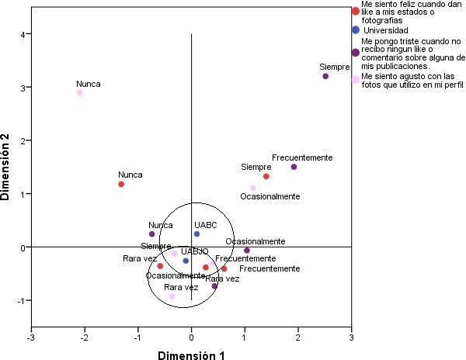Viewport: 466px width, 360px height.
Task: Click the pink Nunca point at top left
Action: [x=80, y=92]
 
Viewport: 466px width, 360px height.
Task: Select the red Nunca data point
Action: [x=121, y=184]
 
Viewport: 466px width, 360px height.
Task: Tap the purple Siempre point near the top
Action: [x=325, y=76]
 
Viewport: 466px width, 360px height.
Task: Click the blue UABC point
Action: [x=196, y=234]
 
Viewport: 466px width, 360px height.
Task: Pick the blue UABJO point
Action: [x=186, y=261]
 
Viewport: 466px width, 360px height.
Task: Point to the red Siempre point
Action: [x=266, y=176]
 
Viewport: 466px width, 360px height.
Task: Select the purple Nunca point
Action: [x=152, y=234]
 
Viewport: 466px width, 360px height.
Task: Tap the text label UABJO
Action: [x=194, y=251]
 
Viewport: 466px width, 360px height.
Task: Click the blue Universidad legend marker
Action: [x=356, y=29]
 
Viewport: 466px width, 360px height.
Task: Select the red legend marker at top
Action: [x=356, y=11]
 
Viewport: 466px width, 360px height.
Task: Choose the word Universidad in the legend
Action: [x=386, y=30]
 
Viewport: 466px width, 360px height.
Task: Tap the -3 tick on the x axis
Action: [x=31, y=337]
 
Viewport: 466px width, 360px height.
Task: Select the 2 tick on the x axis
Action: [x=298, y=337]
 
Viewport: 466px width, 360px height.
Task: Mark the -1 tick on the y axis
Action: [x=23, y=300]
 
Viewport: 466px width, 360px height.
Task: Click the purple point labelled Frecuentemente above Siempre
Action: [x=294, y=167]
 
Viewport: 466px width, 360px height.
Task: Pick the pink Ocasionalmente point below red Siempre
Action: [x=252, y=188]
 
